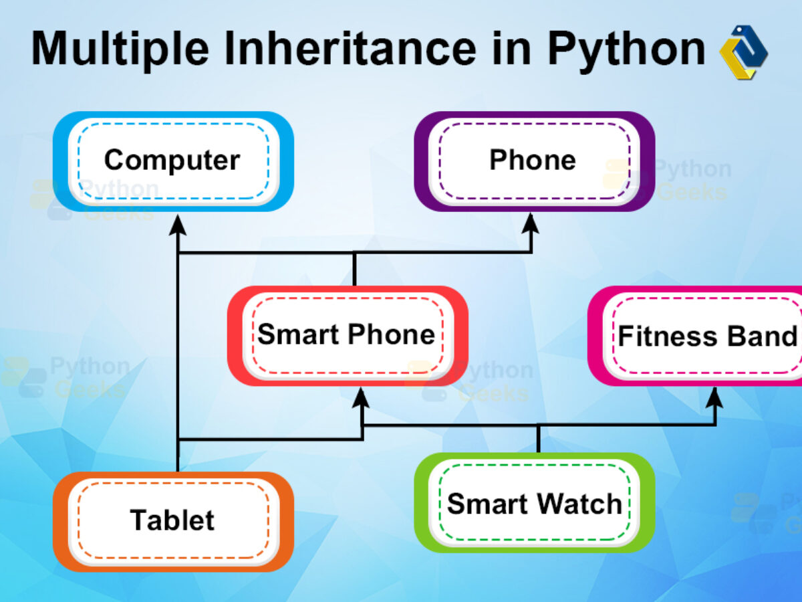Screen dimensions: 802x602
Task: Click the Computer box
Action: tap(173, 161)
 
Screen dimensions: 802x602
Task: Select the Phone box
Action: tap(534, 161)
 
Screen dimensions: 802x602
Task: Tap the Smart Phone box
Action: tap(348, 336)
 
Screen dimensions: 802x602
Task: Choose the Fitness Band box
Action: tap(695, 336)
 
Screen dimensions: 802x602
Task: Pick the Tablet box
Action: tap(173, 522)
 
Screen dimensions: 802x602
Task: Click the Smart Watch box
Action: tap(534, 502)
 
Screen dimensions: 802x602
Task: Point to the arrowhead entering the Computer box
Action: tap(178, 225)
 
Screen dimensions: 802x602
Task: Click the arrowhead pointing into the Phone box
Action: tap(531, 223)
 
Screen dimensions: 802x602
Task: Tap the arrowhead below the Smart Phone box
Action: tap(361, 398)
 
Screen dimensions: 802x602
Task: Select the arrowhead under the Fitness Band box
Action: tap(714, 398)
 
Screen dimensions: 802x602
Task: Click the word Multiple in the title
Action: tap(120, 49)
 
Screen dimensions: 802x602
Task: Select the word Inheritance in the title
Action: tap(350, 48)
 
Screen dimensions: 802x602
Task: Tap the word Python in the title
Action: tap(626, 50)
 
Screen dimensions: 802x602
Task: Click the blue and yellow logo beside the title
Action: tap(744, 52)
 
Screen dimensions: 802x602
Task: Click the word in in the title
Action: tap(511, 48)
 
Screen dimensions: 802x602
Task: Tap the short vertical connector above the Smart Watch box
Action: tap(538, 439)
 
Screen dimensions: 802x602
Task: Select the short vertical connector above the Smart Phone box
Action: tap(354, 269)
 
